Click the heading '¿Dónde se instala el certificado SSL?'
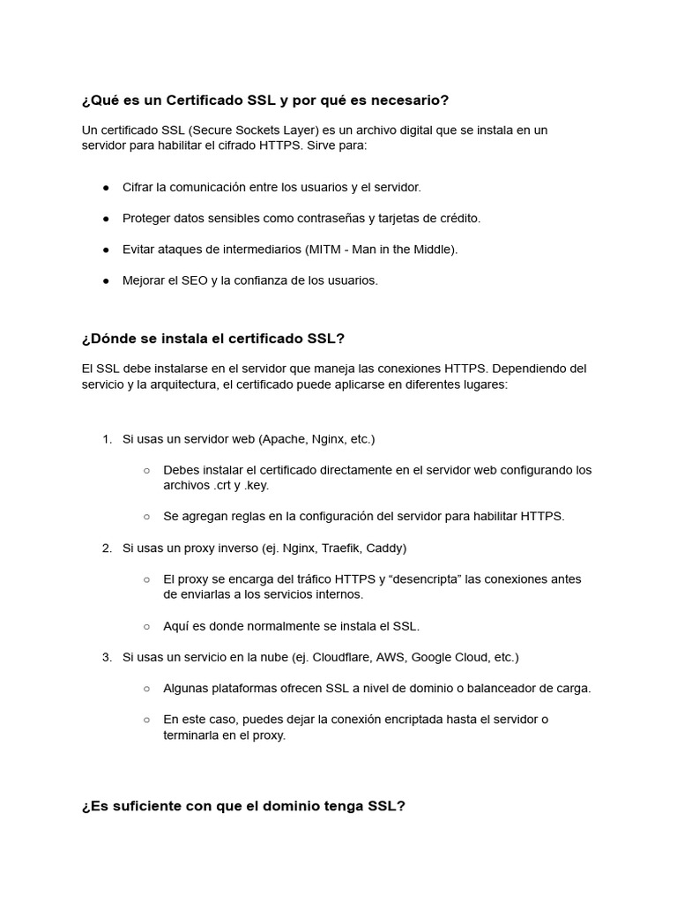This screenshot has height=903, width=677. [x=212, y=339]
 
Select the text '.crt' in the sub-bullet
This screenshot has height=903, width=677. [x=224, y=485]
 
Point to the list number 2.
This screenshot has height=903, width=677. [x=106, y=548]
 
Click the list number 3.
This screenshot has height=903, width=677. [x=106, y=657]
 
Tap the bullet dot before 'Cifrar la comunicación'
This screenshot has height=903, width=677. [x=106, y=187]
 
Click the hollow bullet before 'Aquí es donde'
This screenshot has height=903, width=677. [x=146, y=626]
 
